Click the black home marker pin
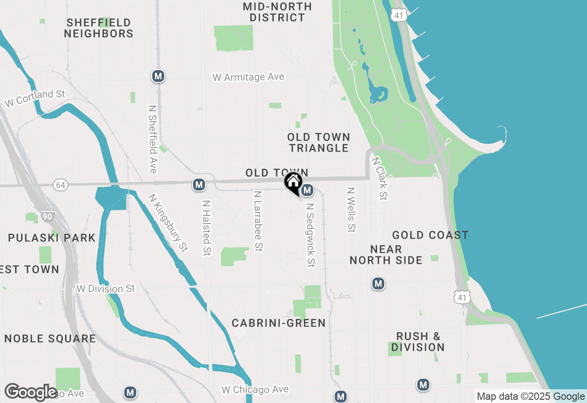coord(293,182)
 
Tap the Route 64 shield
coord(60,185)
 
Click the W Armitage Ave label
coord(249,77)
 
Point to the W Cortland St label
coord(35,98)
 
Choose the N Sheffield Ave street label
coord(153,139)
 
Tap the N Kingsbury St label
coord(168,223)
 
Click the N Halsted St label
coord(207,227)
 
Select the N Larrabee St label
coord(258,221)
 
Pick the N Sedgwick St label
coord(310,235)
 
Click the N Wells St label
coord(351,209)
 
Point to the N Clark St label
coord(380,179)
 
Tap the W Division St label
coord(106,289)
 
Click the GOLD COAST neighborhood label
coord(430,235)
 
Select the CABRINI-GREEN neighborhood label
coord(279,323)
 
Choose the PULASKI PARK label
coord(52,238)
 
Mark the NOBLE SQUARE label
coord(50,339)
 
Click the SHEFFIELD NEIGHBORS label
coord(99,28)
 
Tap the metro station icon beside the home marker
coord(308,190)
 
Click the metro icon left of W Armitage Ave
coord(158,76)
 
